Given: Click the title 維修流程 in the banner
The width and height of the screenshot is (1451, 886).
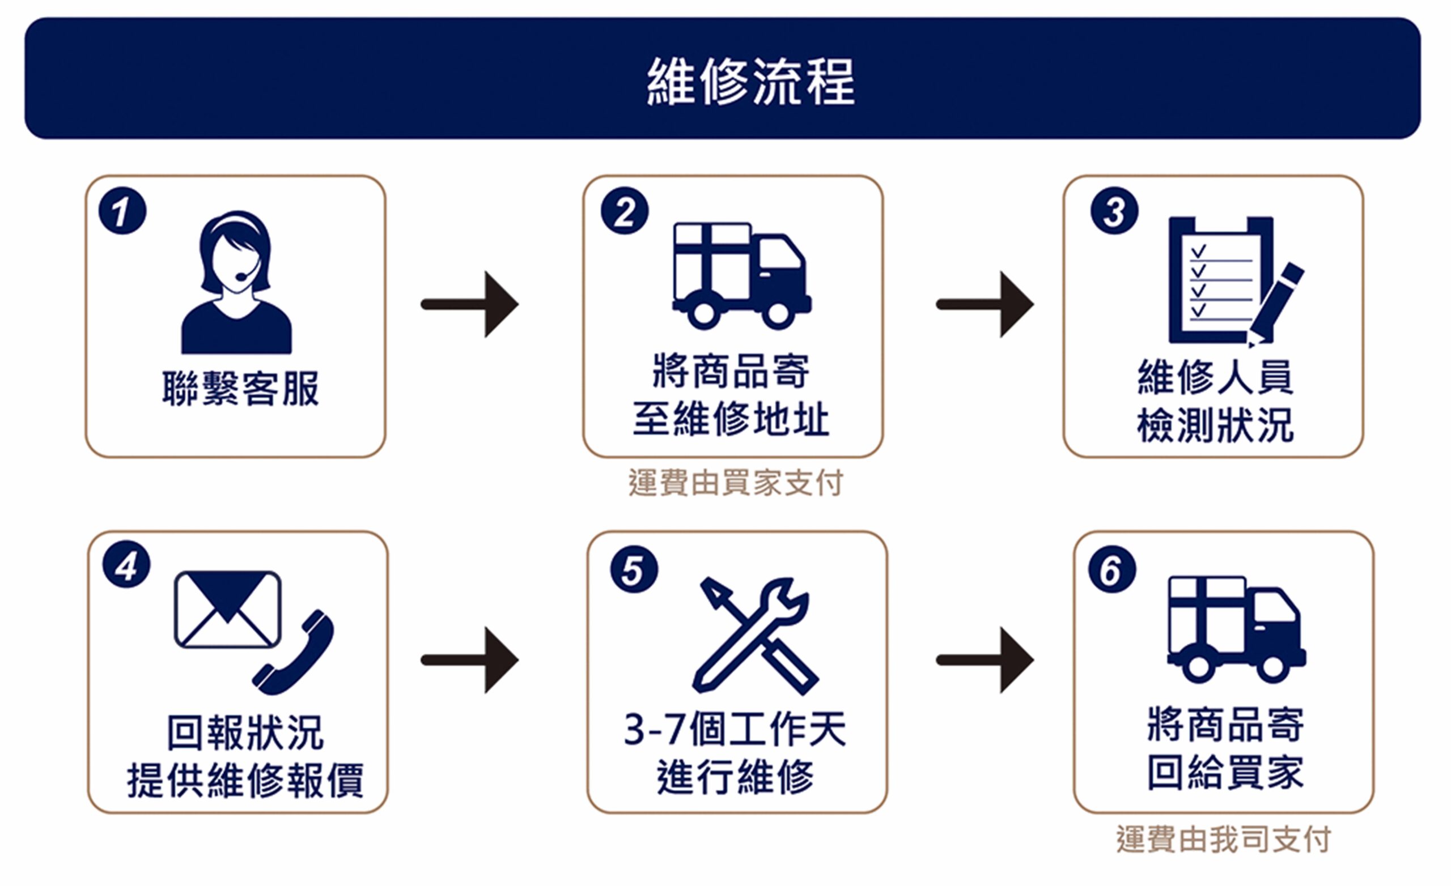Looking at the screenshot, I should pyautogui.click(x=750, y=81).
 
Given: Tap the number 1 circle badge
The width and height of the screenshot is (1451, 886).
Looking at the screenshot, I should pyautogui.click(x=122, y=211).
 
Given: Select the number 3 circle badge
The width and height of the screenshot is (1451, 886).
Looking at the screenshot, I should pyautogui.click(x=1114, y=211).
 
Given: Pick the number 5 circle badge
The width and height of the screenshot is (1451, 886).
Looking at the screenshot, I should pyautogui.click(x=634, y=569).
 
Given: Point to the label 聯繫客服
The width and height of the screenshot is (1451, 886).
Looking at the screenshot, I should pyautogui.click(x=240, y=389).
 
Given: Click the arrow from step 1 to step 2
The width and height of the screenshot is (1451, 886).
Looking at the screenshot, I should pyautogui.click(x=470, y=304).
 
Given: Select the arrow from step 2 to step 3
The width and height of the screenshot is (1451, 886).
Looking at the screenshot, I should pyautogui.click(x=985, y=304).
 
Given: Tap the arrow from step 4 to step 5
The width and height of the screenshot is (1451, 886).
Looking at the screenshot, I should pyautogui.click(x=470, y=660).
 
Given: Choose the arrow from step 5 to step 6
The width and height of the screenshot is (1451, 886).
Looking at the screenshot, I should pyautogui.click(x=985, y=660).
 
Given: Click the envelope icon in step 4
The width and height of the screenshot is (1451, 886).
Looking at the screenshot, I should pyautogui.click(x=227, y=610).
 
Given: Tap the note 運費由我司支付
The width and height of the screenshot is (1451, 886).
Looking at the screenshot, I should pyautogui.click(x=1223, y=840).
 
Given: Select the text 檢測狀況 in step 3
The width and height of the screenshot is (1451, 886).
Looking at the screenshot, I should pyautogui.click(x=1215, y=425).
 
